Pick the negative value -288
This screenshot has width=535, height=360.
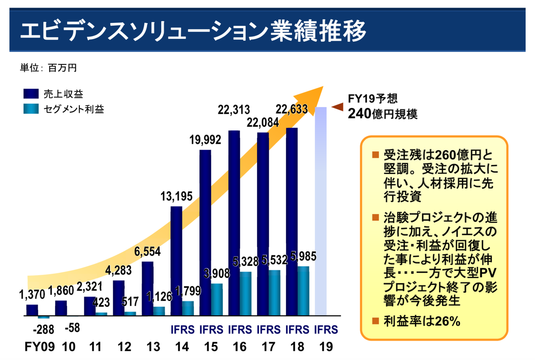43,329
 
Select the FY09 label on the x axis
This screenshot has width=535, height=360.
37,347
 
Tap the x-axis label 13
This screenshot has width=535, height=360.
153,347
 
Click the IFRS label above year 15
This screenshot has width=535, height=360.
211,329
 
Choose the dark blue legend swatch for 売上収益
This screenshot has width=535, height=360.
31,93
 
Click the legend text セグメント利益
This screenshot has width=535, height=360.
74,110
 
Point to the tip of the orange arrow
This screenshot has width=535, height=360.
323,87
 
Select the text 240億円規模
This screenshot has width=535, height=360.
382,114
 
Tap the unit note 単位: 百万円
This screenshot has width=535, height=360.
48,67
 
